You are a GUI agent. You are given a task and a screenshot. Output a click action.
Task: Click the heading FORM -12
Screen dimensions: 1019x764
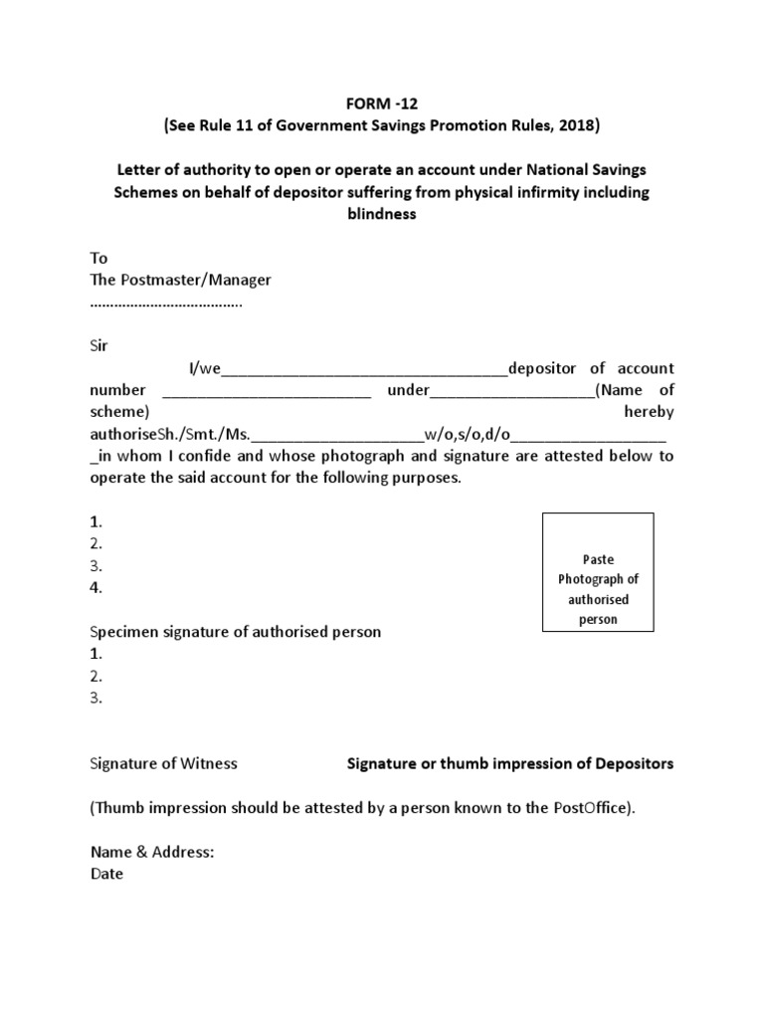coord(381,104)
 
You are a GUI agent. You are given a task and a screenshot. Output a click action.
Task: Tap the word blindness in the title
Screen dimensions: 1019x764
coord(381,213)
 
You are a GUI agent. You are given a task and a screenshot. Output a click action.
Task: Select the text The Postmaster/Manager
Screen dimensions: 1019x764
coord(180,280)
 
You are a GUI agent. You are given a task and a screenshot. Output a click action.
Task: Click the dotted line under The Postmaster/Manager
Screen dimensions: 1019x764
coord(166,303)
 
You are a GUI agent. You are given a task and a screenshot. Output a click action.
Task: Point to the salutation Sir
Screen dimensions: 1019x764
coord(100,345)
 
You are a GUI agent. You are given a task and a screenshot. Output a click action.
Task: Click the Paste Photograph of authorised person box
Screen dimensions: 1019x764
coord(598,573)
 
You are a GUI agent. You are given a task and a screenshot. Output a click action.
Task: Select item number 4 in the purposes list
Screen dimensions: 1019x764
coord(96,587)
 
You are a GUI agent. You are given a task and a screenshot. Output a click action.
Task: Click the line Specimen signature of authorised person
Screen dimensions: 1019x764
coord(236,632)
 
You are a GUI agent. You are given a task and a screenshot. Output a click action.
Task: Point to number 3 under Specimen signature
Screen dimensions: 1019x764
coord(96,698)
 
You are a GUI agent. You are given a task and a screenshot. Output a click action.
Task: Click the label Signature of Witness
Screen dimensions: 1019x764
coord(164,763)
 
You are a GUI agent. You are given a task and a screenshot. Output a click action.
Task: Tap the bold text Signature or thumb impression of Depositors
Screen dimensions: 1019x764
coord(509,763)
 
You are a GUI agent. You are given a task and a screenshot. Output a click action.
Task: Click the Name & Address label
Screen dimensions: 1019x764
coord(152,852)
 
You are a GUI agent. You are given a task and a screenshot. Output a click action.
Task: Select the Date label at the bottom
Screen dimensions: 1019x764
coord(106,874)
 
